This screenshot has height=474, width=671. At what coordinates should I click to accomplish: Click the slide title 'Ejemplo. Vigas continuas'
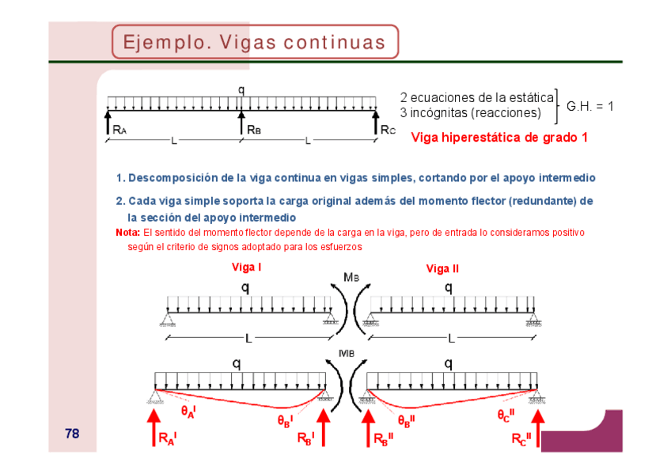point(255,42)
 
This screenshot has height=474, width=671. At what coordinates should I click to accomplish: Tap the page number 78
point(72,434)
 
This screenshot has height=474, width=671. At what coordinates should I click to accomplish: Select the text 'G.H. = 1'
point(589,105)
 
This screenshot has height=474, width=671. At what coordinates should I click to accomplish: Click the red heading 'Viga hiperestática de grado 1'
point(499,138)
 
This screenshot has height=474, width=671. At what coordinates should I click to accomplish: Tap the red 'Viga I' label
point(246,267)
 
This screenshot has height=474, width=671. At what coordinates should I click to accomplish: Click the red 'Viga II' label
point(442,268)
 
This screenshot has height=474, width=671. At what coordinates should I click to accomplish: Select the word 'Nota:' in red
point(127,233)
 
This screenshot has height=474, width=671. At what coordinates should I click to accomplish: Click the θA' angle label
point(188,411)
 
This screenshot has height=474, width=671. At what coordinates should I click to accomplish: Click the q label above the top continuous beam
point(241,89)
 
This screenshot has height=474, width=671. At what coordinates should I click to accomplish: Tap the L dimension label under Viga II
point(451,339)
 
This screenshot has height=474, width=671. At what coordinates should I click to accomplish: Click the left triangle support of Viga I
point(169,320)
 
